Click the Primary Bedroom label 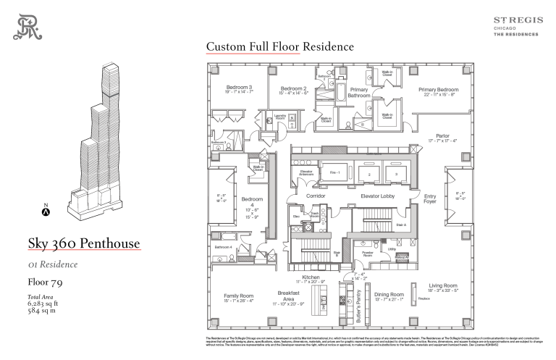[439, 90]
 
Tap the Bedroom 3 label [239, 88]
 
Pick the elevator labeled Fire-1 [334, 173]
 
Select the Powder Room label [368, 254]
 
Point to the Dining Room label [389, 295]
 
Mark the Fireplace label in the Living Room [425, 299]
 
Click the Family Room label [238, 296]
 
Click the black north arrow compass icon [46, 212]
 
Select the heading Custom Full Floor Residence [279, 47]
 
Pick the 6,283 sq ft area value [43, 304]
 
